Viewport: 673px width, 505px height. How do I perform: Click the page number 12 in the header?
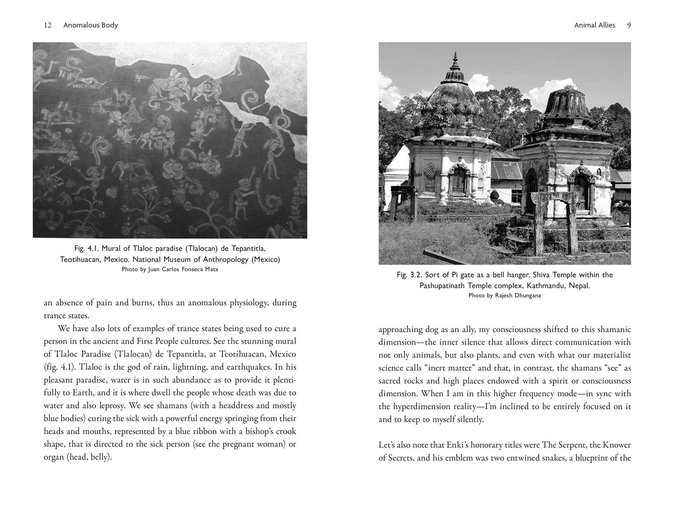point(48,25)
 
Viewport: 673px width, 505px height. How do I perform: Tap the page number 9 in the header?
point(629,25)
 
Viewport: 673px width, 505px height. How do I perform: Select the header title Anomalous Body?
point(91,25)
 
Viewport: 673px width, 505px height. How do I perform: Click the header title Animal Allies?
point(594,25)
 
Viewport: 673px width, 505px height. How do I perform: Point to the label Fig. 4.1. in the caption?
point(86,249)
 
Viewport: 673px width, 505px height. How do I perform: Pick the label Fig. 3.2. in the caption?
point(409,275)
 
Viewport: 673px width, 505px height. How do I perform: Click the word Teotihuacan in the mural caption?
point(80,259)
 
